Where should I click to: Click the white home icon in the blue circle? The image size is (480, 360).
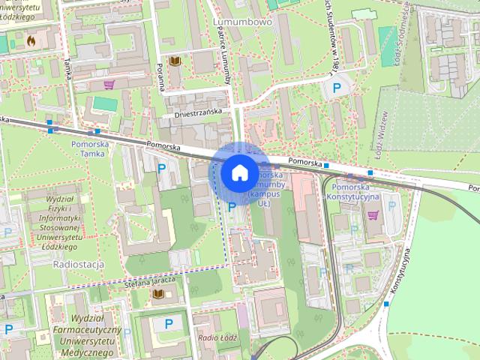point(238,172)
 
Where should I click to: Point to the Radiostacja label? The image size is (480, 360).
point(79,265)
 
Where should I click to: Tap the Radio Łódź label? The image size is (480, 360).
point(217,337)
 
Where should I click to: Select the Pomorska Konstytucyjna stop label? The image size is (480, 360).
point(357,190)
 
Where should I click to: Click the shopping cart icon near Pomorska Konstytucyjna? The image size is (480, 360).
point(373,215)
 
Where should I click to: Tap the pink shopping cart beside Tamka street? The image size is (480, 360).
point(109,84)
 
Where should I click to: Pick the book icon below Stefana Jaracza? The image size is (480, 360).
point(158,293)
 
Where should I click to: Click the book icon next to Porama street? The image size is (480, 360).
point(175,61)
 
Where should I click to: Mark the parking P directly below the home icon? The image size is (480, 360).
point(232,206)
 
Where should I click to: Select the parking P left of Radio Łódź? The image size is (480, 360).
point(169,323)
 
